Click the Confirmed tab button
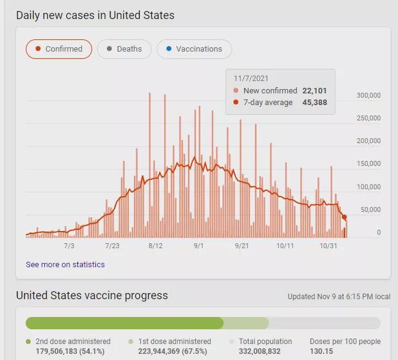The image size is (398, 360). tap(59, 49)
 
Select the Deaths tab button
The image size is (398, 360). tap(124, 49)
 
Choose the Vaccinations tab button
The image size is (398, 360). tap(194, 49)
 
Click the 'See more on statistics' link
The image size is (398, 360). tap(65, 265)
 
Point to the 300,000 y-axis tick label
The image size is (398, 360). tap(369, 95)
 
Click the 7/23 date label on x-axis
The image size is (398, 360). tap(112, 246)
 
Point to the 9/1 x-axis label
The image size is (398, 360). tap(199, 246)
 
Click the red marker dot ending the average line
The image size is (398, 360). tap(345, 217)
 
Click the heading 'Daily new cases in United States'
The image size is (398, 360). tap(95, 15)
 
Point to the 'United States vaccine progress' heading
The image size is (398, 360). tap(92, 295)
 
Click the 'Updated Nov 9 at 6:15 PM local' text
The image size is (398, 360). tap(339, 297)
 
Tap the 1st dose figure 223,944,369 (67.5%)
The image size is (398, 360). tap(169, 352)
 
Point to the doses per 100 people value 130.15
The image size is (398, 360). tap(322, 352)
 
